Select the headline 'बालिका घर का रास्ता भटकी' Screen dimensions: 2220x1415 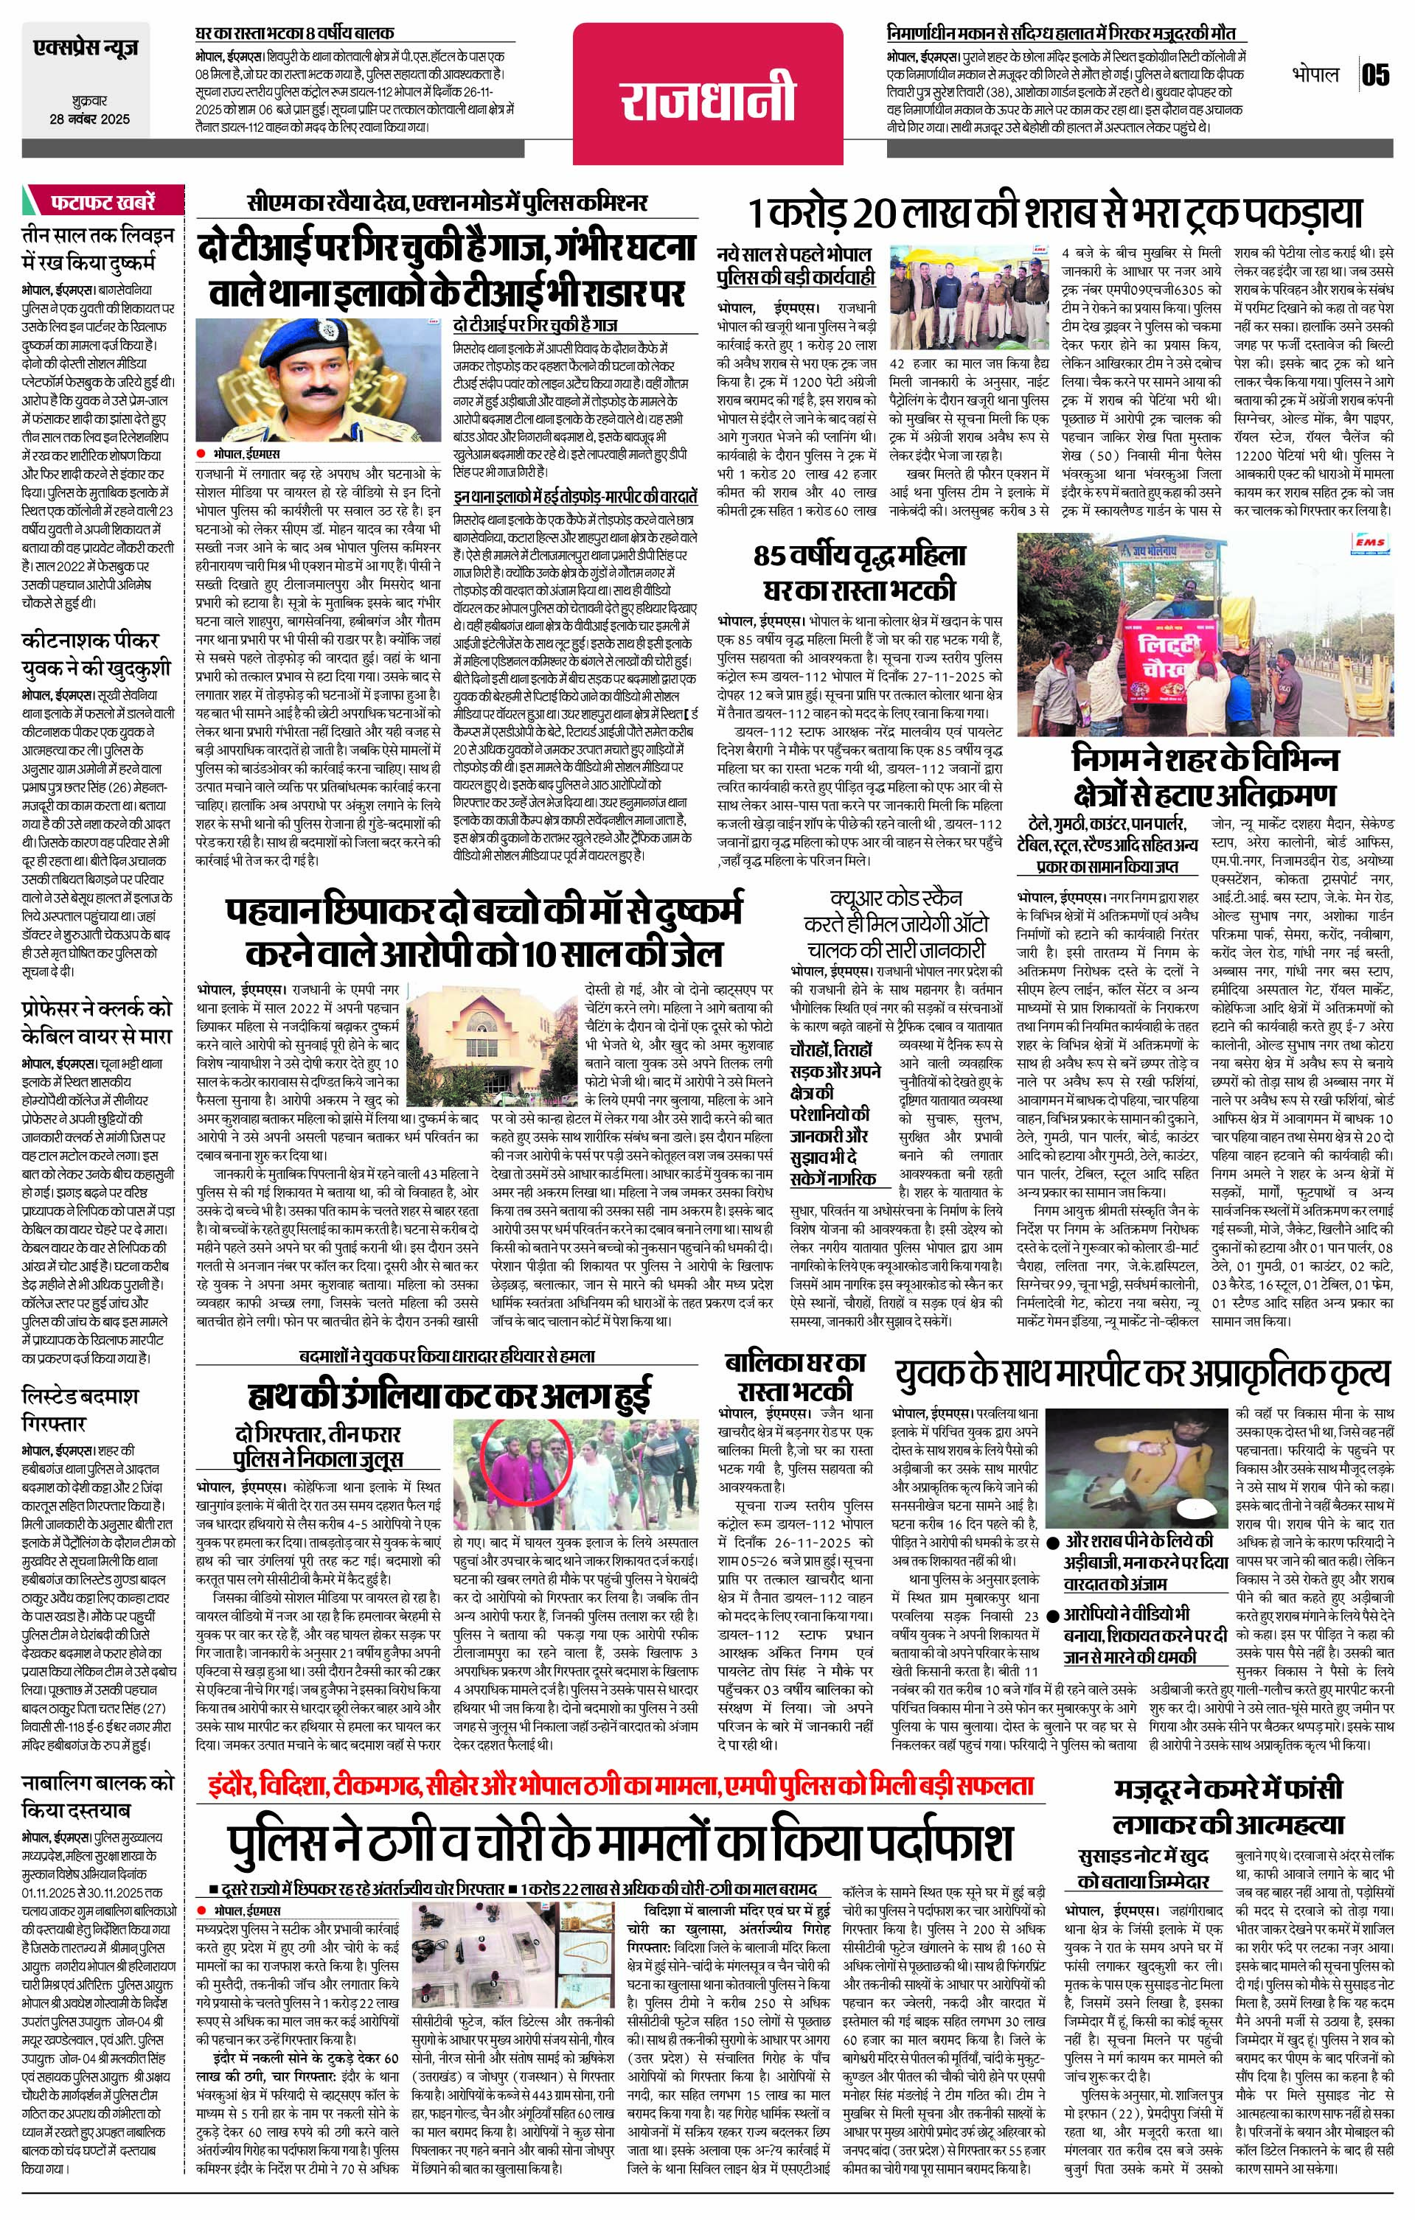795,1375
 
